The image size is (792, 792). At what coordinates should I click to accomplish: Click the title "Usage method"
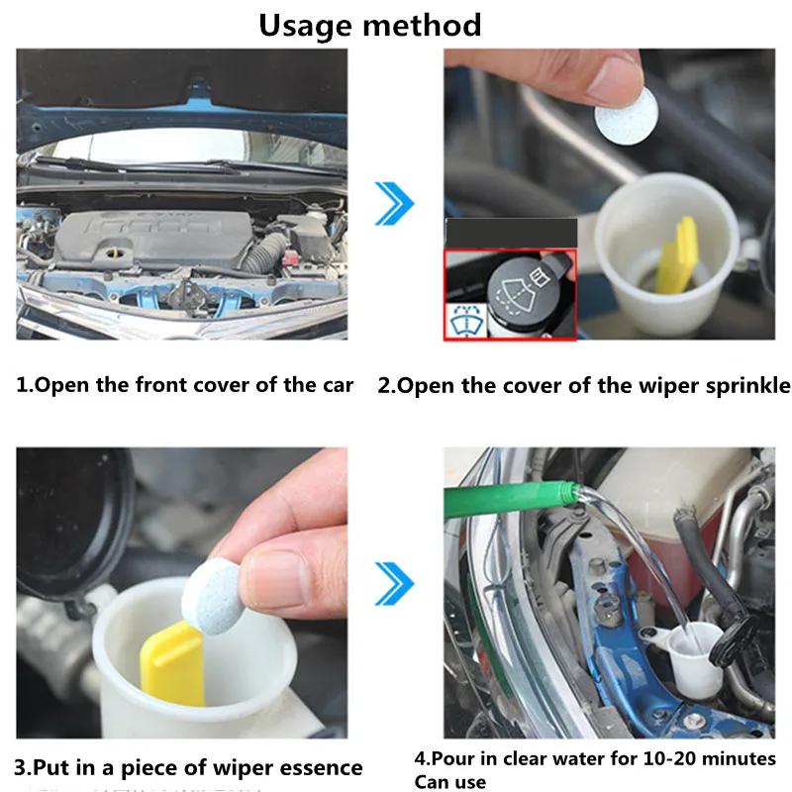pos(369,26)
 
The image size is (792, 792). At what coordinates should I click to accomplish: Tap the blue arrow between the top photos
pos(394,204)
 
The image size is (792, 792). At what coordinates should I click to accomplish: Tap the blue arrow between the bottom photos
pos(394,583)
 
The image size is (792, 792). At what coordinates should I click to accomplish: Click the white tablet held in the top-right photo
pos(627,116)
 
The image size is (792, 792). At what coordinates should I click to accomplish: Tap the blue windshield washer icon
pos(465,320)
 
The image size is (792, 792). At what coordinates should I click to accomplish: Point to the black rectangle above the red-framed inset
pos(511,234)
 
